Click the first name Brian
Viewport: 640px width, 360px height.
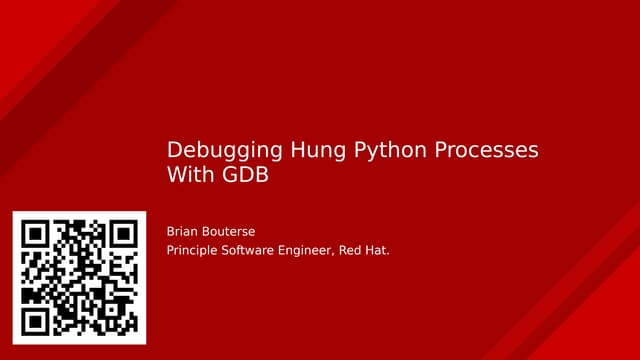click(183, 229)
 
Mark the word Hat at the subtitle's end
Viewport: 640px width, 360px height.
click(381, 250)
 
